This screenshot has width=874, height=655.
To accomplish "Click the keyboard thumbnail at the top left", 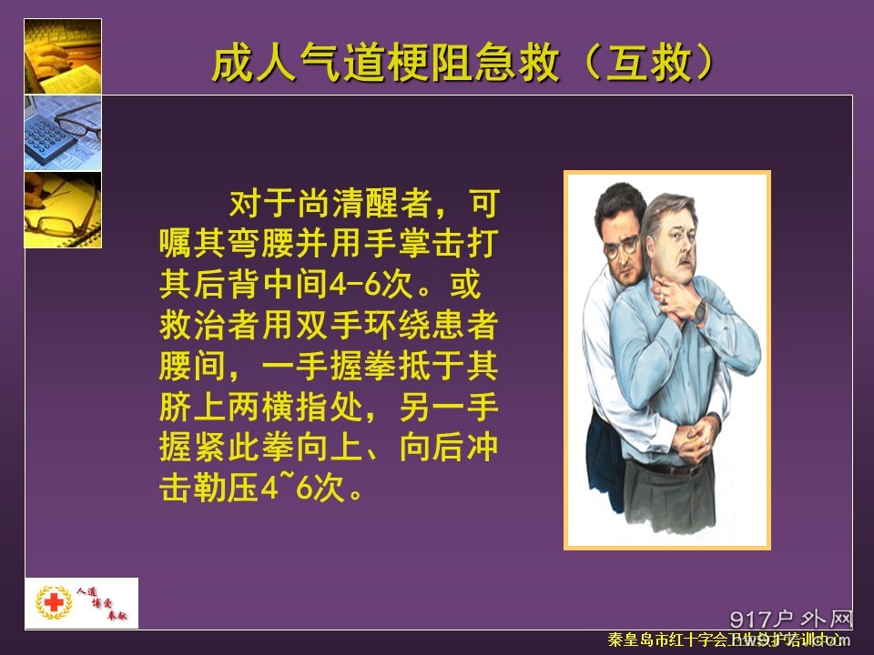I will (63, 55).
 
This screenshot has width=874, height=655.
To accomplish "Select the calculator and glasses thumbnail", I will (63, 132).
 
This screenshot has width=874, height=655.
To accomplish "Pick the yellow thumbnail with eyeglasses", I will (63, 209).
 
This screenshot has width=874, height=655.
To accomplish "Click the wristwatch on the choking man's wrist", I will (699, 311).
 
